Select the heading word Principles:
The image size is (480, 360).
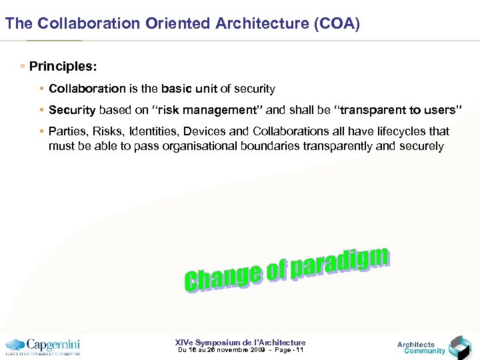click(63, 67)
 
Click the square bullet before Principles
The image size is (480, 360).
click(23, 67)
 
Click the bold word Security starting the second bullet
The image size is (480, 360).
click(72, 110)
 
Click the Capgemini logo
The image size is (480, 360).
click(43, 346)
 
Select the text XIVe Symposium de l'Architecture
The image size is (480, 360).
click(240, 342)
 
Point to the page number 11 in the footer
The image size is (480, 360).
click(299, 350)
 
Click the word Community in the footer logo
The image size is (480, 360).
click(425, 351)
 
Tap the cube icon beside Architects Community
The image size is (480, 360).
click(459, 347)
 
